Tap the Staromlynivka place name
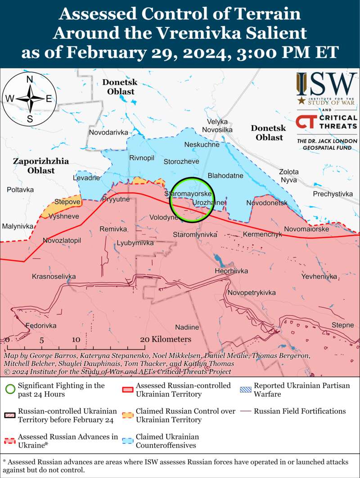coord(195,235)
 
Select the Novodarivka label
coord(108,133)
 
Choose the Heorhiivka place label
coord(231,271)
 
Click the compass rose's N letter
coord(30,80)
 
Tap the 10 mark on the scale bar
coord(76,340)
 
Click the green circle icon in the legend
coord(10,389)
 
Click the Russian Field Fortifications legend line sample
coord(245,411)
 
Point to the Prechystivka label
coord(333,194)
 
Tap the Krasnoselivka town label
coord(54,276)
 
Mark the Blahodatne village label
coord(225,176)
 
